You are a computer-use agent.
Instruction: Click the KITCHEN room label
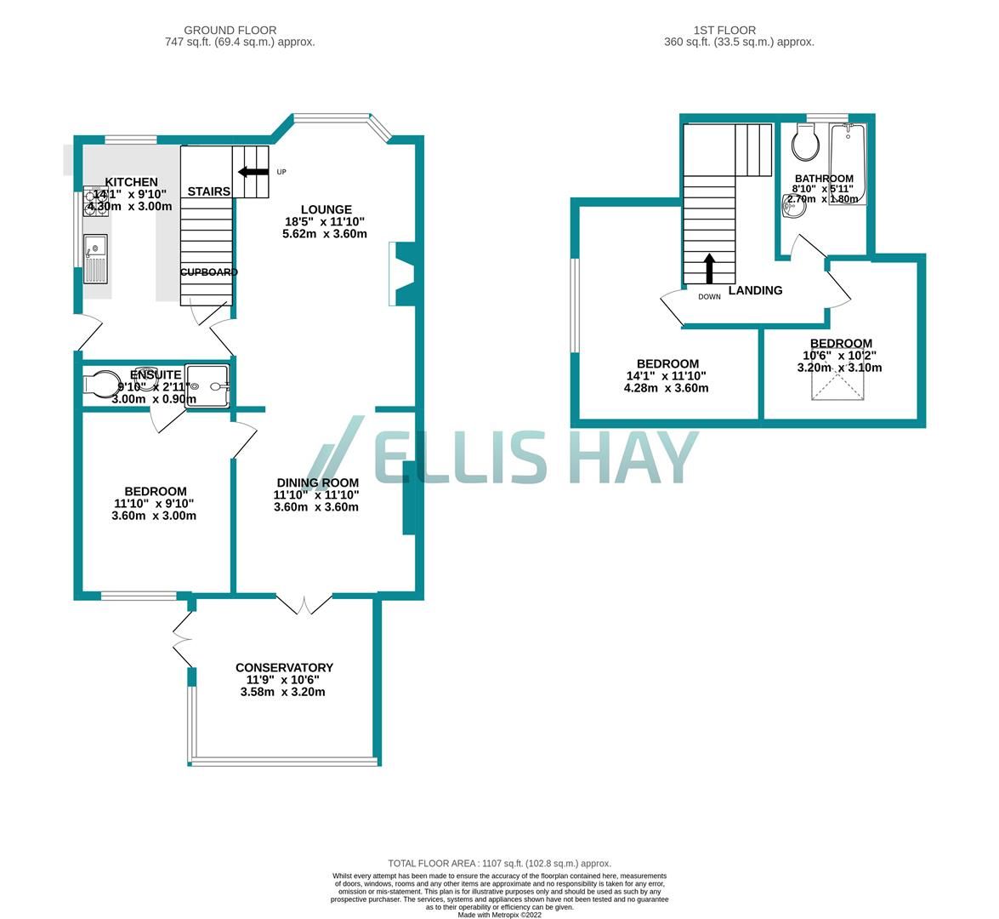click(131, 182)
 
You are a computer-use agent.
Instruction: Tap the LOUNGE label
click(325, 209)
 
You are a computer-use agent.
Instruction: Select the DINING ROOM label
click(316, 482)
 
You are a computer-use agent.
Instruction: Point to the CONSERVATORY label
click(284, 668)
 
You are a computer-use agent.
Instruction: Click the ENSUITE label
click(156, 374)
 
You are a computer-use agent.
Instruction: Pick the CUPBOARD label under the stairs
click(208, 272)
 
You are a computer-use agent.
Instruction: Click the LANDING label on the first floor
click(755, 290)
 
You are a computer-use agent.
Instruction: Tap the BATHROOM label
click(824, 179)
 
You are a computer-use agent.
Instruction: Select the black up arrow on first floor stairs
click(708, 268)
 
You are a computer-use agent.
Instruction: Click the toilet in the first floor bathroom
click(805, 142)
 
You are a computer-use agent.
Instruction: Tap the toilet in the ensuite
click(104, 385)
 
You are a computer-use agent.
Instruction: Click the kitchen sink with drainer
click(95, 261)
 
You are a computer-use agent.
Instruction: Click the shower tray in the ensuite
click(207, 385)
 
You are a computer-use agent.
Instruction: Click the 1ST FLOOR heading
click(738, 30)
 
